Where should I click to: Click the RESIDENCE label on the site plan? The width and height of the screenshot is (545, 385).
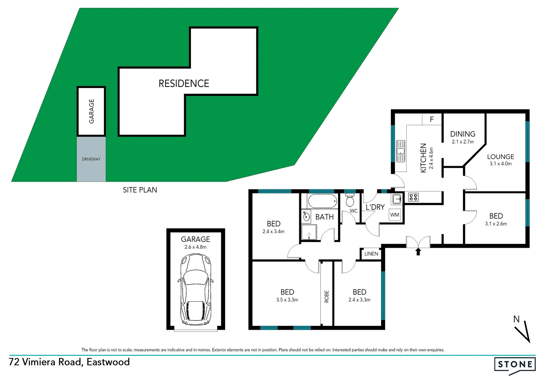point(184,83)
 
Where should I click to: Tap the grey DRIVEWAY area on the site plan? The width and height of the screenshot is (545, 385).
point(91,159)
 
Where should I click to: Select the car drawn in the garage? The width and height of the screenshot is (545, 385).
point(196,289)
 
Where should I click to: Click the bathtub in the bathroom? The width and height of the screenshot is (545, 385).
point(322,201)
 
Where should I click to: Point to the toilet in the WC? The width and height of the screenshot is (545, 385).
point(350,200)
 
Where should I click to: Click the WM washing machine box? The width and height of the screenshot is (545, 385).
point(394,215)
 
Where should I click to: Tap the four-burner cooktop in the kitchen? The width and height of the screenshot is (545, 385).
point(413,197)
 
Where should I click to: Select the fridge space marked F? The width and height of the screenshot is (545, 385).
point(432,119)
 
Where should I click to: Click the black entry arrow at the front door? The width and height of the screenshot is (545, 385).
point(418,252)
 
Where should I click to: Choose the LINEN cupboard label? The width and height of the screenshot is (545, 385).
point(371,254)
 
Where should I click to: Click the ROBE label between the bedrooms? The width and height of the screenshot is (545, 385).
point(326,297)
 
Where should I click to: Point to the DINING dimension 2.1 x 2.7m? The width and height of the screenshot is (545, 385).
point(463,142)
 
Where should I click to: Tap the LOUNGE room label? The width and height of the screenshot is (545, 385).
point(500,157)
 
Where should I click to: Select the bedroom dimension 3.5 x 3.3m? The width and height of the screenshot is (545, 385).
point(287,300)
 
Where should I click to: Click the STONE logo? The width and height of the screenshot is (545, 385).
point(515,364)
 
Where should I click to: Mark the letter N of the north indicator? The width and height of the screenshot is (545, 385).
point(516,319)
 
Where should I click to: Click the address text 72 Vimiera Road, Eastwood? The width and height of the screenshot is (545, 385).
point(69,362)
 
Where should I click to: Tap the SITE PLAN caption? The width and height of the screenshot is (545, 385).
point(140,190)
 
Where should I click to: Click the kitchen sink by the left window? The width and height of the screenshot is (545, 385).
point(401,151)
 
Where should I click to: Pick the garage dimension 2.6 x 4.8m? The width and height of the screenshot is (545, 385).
point(195,247)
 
